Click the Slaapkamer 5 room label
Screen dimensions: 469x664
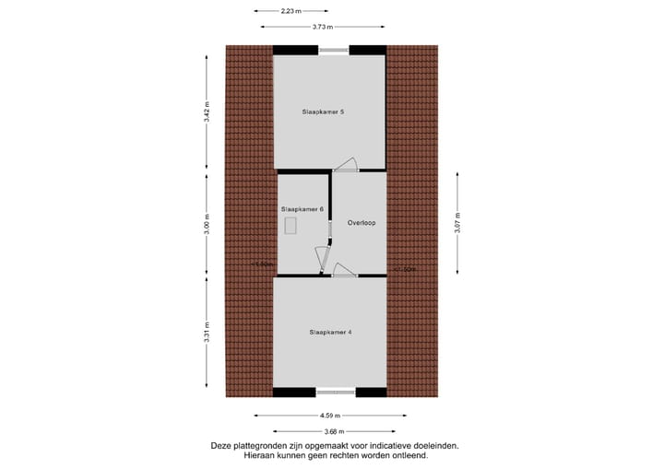323,111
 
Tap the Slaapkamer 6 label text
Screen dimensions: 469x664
302,209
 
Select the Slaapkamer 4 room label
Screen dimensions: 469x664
330,332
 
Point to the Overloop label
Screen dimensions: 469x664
362,223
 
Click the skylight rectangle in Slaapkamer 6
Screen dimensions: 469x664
292,227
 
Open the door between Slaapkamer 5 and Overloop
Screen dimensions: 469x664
346,165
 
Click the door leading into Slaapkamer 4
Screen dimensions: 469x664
345,270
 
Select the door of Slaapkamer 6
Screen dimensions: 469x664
321,259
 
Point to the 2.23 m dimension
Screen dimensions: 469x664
290,11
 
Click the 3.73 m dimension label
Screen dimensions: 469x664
323,27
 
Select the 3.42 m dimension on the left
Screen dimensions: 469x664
207,113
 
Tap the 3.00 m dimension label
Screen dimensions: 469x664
207,224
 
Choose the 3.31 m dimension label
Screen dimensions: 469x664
207,331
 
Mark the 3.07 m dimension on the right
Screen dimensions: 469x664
458,224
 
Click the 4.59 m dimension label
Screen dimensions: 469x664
331,416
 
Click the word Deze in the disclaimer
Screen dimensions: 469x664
221,445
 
